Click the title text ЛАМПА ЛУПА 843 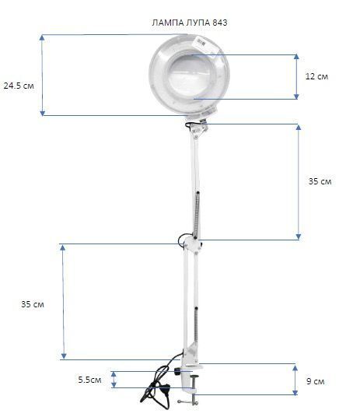pos(190,23)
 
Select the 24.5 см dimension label pos(19,86)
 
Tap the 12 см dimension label pos(316,76)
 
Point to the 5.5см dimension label pos(89,380)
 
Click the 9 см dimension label pos(316,381)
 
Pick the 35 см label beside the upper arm pos(320,181)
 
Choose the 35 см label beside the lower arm pos(33,304)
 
